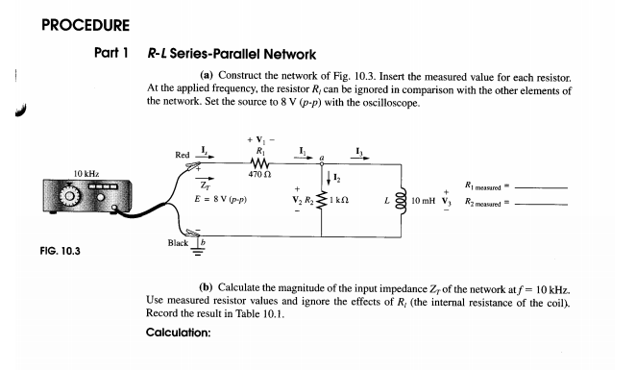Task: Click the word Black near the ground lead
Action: tap(178, 245)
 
